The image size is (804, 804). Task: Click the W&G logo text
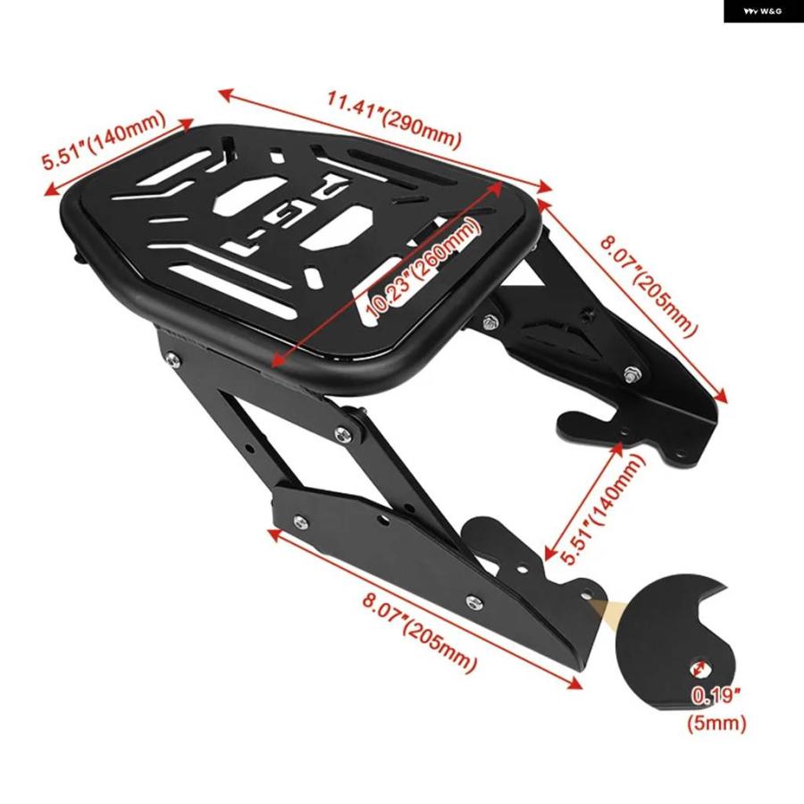coord(763,11)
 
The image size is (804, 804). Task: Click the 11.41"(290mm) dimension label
coord(394,120)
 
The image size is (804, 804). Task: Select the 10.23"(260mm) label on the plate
coord(423,270)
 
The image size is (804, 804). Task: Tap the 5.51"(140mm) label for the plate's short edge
coord(105,139)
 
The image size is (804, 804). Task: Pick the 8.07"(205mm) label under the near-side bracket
coord(420,633)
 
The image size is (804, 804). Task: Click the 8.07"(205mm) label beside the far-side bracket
coord(649,286)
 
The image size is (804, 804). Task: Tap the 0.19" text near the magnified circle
coord(716,696)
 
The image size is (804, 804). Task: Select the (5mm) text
coord(716,723)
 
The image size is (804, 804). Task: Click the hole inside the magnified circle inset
coord(699,668)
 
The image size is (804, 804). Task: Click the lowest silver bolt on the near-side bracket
coord(473,601)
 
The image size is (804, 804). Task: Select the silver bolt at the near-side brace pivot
coord(343,435)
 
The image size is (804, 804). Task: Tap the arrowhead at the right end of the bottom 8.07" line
coord(574,683)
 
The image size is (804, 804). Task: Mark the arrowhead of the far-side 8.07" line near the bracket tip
coord(721,397)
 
